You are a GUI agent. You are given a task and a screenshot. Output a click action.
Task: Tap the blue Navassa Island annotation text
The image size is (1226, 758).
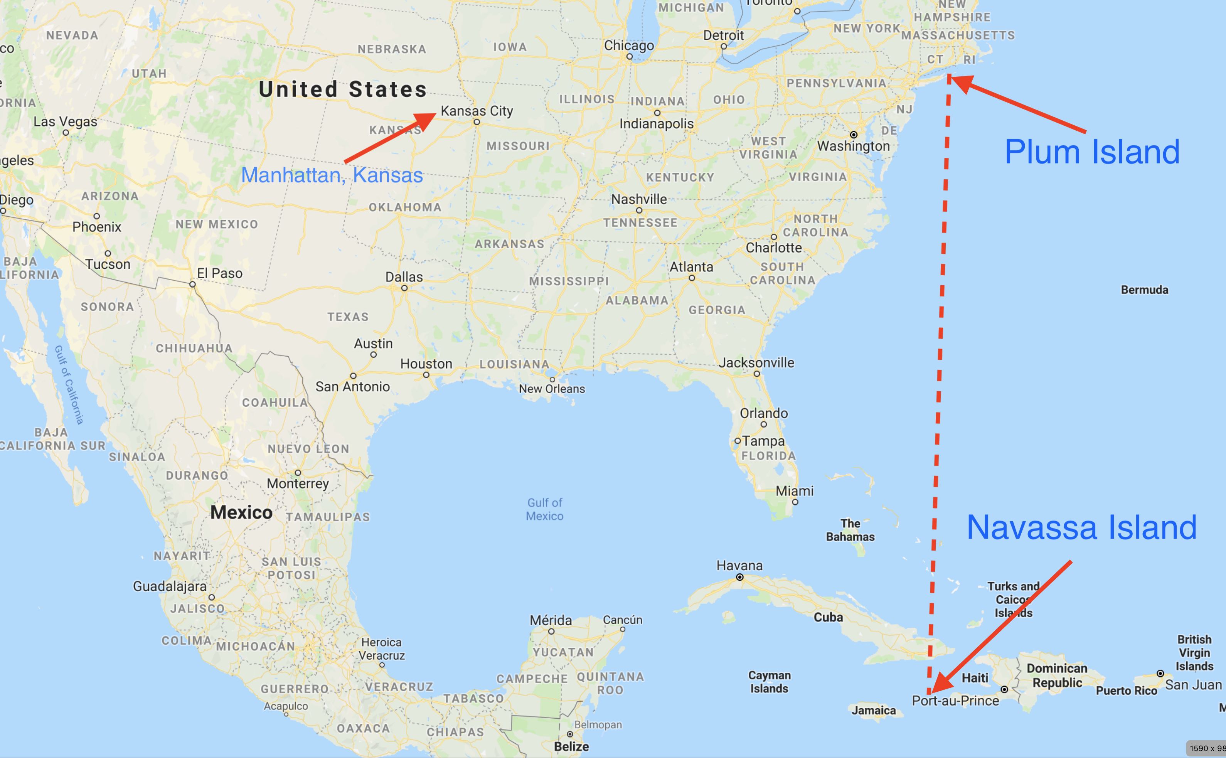[1082, 527]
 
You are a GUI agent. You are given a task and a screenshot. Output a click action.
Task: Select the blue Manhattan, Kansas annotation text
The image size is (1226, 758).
[332, 175]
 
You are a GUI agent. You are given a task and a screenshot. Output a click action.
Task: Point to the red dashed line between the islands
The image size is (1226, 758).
[941, 351]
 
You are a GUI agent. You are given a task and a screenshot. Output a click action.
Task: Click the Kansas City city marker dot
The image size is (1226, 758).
[477, 122]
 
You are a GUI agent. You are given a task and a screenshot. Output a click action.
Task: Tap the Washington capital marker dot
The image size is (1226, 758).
[853, 134]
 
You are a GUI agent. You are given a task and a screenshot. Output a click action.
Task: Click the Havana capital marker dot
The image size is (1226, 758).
[739, 578]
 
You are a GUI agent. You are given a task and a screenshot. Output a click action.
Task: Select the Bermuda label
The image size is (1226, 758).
[1144, 290]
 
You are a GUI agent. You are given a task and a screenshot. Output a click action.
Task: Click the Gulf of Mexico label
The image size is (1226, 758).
[544, 509]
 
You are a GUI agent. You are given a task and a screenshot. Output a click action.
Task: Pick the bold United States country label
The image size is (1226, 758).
[343, 89]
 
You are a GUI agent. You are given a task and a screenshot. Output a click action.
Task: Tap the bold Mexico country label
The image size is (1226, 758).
[241, 512]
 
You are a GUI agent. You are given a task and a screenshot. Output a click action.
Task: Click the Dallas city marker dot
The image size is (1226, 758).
[404, 288]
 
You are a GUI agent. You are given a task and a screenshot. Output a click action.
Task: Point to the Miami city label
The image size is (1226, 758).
[795, 491]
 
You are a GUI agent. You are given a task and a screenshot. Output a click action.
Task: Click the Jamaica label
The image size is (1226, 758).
[873, 710]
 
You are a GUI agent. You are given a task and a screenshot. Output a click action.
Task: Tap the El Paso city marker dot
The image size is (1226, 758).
[192, 284]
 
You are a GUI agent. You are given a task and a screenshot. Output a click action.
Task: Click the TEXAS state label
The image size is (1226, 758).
[348, 317]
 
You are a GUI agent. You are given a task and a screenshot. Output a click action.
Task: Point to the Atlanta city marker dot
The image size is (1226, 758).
[692, 278]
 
